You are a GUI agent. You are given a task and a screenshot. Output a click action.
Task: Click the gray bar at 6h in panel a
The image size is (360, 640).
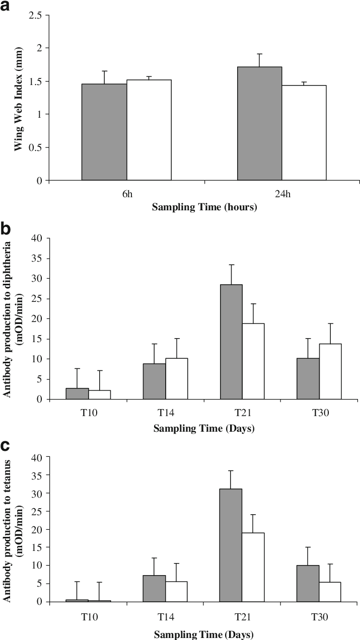(104, 132)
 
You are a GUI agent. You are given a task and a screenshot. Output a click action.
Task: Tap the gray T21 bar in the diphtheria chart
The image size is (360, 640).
(231, 342)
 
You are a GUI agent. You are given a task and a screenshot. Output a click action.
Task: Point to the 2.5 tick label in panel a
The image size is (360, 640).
(35, 15)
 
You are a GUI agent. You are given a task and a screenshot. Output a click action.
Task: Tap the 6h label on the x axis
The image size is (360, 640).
(126, 192)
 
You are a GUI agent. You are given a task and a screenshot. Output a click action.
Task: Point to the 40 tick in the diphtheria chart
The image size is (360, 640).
(38, 238)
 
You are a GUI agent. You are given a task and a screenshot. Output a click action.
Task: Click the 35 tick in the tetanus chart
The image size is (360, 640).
(38, 474)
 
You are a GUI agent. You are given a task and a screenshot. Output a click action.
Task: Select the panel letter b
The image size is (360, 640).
(6, 229)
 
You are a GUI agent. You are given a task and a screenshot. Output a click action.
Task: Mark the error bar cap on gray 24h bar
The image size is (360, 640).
(260, 54)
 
